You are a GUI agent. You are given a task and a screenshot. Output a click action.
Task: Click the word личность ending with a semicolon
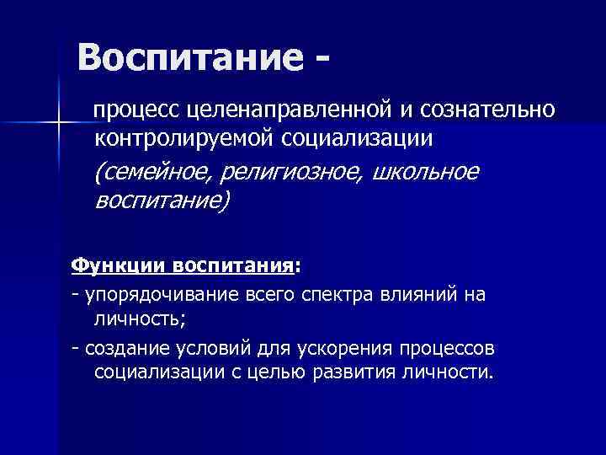coord(141,319)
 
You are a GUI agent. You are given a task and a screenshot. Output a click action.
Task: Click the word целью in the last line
coord(284,373)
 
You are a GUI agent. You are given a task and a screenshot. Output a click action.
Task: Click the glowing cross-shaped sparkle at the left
coord(58,125)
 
